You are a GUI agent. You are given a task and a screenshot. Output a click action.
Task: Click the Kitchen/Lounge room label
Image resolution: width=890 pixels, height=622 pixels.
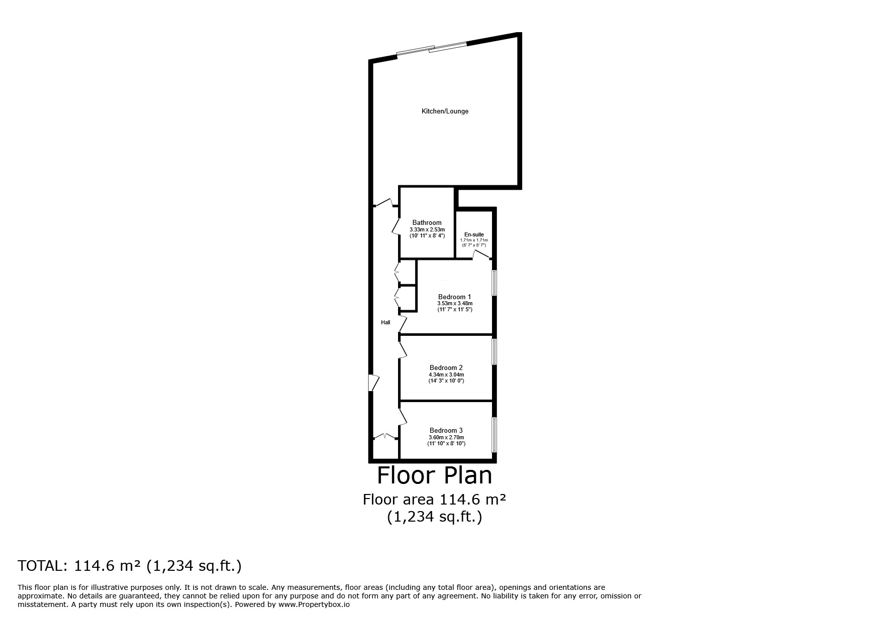(445, 111)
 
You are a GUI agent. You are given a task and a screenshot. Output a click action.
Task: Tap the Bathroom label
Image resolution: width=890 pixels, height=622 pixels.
(427, 222)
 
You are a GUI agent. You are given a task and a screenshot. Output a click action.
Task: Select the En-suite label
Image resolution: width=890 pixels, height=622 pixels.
(474, 234)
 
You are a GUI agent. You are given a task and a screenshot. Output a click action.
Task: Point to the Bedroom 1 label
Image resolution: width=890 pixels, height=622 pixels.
(454, 297)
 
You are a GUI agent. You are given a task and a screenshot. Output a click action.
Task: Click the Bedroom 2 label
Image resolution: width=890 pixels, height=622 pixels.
(446, 367)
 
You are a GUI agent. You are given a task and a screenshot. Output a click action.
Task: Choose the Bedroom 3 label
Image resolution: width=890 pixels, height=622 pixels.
(446, 430)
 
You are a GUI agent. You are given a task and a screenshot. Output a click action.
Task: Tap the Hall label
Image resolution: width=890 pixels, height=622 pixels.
(385, 322)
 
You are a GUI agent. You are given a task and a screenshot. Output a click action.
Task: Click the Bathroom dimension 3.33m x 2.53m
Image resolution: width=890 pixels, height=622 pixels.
(427, 229)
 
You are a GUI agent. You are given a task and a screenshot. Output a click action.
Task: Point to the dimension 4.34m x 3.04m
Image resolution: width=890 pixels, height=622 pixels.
(446, 375)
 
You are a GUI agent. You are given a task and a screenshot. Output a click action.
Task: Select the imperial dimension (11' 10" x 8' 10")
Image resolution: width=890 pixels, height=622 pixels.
(446, 443)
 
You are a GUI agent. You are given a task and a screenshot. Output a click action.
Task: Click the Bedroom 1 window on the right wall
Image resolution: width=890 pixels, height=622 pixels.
(495, 283)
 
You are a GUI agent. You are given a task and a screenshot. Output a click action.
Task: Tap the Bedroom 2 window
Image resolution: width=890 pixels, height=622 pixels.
(495, 351)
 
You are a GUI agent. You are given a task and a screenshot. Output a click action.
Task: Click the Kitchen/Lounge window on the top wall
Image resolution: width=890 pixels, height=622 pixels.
(432, 49)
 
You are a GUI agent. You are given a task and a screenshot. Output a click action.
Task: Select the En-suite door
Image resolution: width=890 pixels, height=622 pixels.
(481, 256)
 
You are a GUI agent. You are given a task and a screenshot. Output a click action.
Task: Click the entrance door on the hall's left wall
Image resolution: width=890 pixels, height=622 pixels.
(373, 383)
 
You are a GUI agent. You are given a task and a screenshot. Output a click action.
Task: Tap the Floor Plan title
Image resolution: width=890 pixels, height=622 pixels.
(435, 475)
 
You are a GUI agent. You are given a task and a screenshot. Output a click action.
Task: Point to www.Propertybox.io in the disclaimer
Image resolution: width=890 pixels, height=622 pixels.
(314, 605)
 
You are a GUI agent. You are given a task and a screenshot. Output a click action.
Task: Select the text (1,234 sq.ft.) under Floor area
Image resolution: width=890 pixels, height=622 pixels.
(435, 517)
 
